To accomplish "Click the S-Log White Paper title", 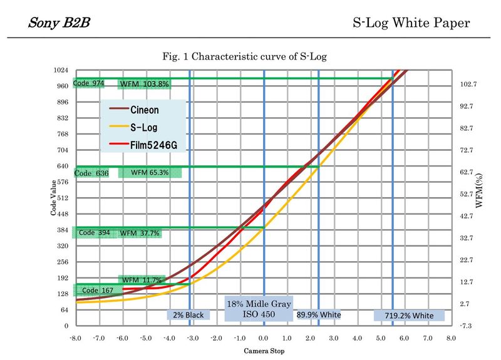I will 411,24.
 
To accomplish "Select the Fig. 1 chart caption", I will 244,56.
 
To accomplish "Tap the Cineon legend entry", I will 145,109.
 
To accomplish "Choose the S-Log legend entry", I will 143,127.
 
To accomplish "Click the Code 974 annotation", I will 89,83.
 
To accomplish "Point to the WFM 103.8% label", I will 145,85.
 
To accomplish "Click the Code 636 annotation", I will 92,173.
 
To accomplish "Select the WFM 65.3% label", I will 150,172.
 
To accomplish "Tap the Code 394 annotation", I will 95,233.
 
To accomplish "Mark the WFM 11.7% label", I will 142,280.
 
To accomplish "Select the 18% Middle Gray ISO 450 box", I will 259,309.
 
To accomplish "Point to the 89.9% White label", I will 319,315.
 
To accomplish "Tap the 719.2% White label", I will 409,316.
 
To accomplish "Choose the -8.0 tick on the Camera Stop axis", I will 75,338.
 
